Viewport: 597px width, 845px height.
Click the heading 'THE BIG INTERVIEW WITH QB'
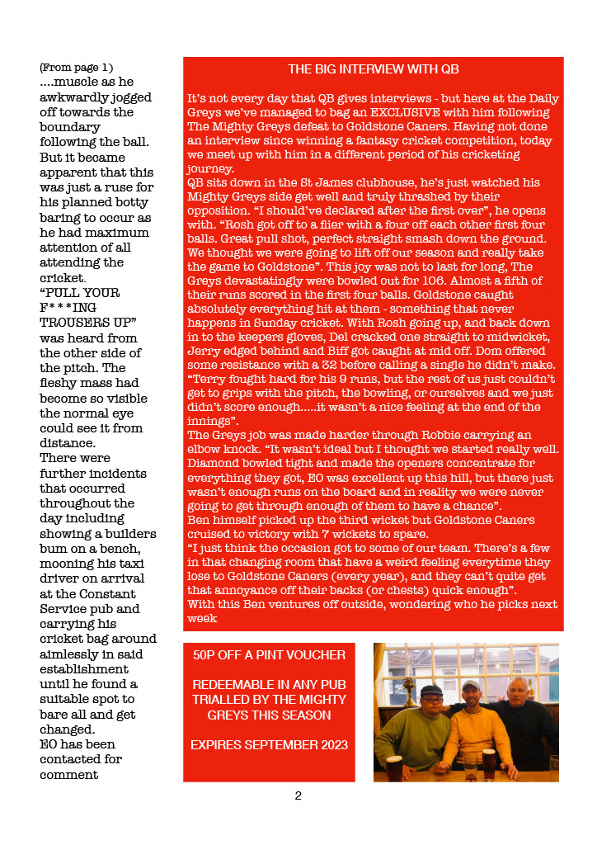pyautogui.click(x=373, y=69)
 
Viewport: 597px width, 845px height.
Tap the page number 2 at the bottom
pyautogui.click(x=298, y=795)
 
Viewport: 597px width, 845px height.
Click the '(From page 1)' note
pyautogui.click(x=76, y=68)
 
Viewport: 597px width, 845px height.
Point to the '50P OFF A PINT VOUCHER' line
pyautogui.click(x=269, y=655)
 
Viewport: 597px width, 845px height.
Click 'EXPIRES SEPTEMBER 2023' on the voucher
pyautogui.click(x=269, y=744)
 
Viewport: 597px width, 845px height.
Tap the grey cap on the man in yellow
pyautogui.click(x=470, y=685)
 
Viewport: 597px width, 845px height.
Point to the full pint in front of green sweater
pyautogui.click(x=393, y=767)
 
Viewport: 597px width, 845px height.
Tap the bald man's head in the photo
pyautogui.click(x=518, y=687)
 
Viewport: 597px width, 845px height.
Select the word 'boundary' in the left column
pyautogui.click(x=69, y=127)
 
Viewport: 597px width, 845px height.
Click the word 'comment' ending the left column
pyautogui.click(x=69, y=775)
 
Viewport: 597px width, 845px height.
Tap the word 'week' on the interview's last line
pyautogui.click(x=201, y=617)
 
